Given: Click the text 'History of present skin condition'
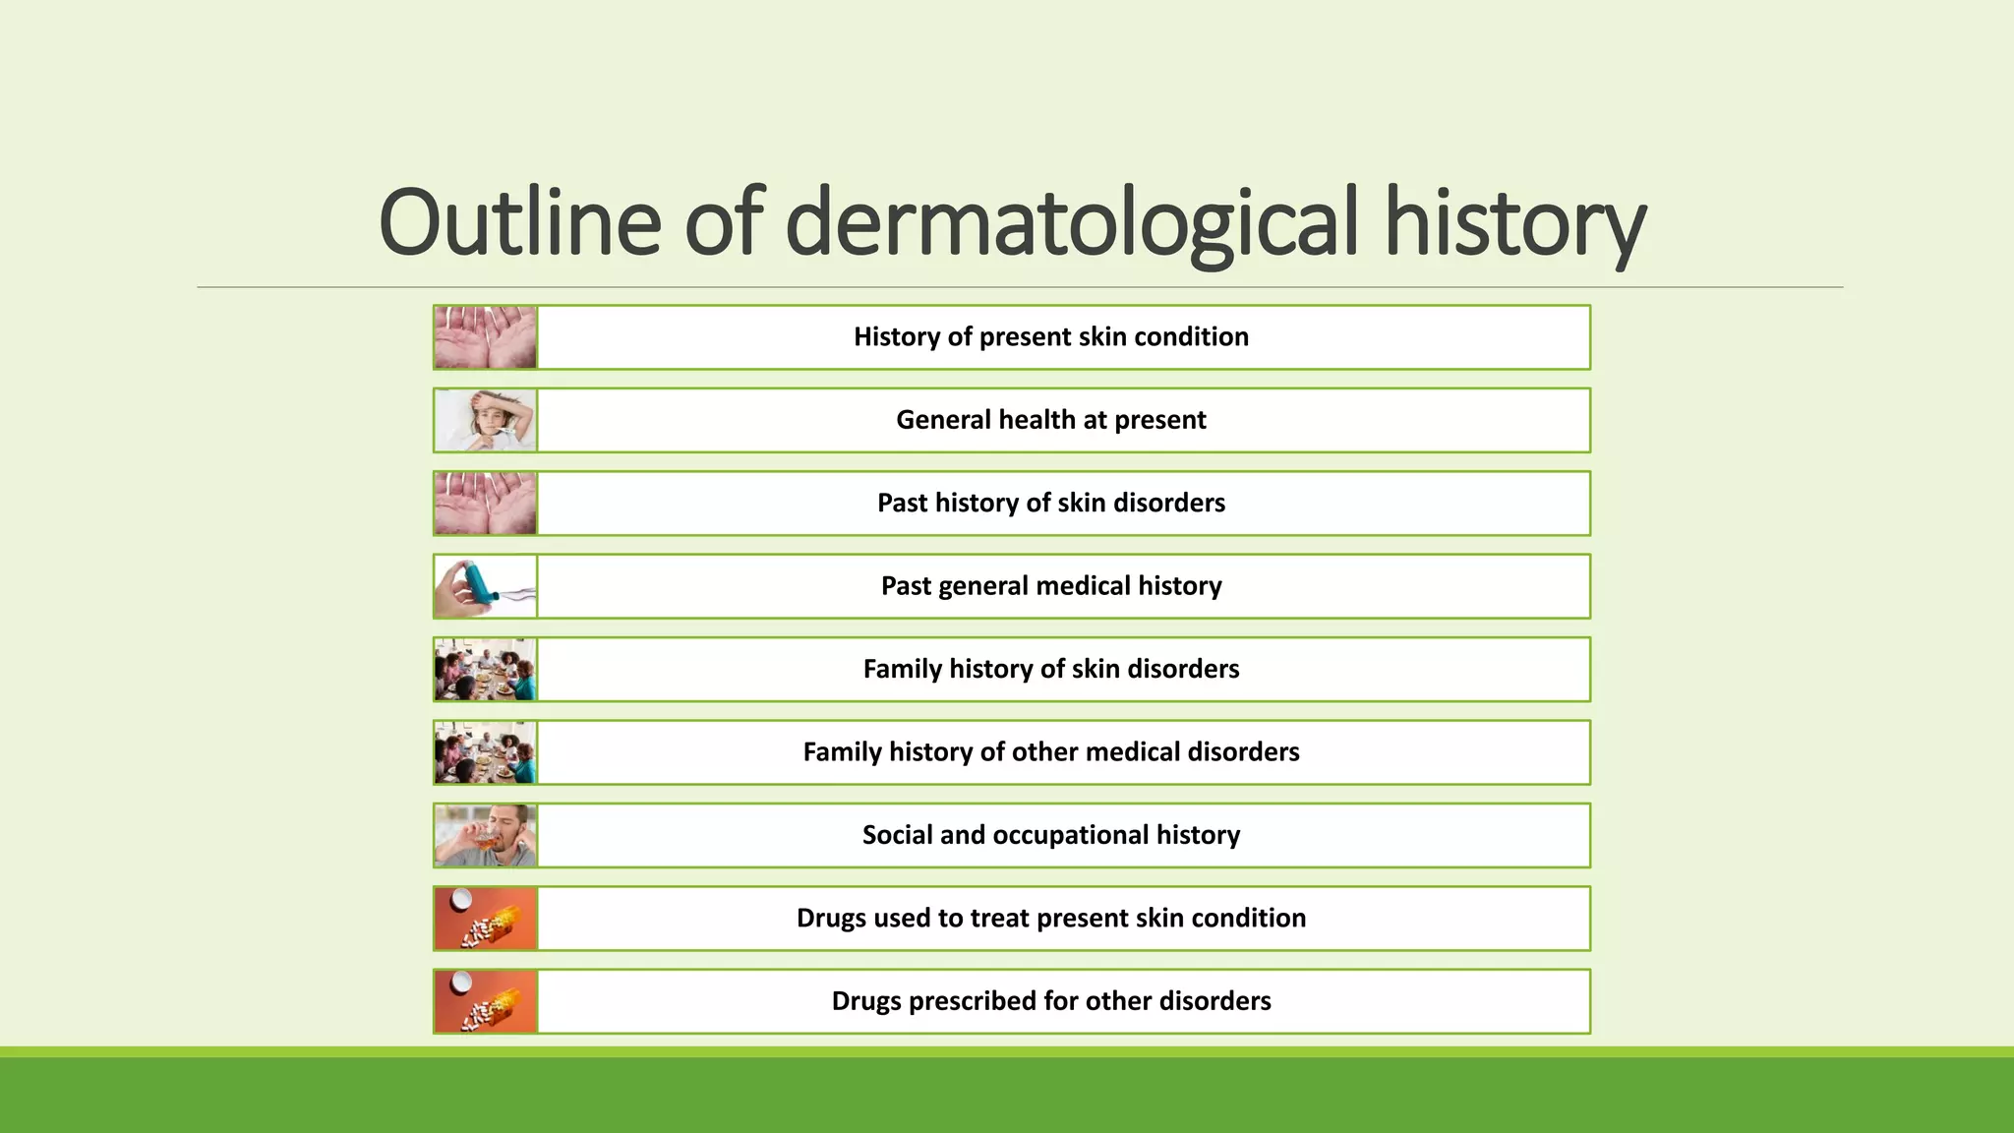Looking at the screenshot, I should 1050,337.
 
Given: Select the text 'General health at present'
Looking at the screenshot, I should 1050,420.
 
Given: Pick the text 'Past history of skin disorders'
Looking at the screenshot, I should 1050,504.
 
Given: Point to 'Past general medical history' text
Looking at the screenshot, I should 1050,586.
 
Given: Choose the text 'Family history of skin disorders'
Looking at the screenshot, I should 1050,670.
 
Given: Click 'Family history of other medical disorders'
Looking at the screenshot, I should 1050,752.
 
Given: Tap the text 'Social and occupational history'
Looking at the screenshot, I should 1050,835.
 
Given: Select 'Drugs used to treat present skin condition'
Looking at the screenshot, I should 1050,919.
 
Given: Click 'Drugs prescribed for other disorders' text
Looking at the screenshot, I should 1050,1001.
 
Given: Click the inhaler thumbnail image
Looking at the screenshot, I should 486,586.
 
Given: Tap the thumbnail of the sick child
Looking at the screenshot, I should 486,420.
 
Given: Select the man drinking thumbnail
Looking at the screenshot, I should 486,835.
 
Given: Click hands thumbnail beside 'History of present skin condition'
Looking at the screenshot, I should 486,337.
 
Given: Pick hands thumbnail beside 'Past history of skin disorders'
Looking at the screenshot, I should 486,504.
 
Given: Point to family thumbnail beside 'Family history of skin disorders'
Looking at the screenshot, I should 486,670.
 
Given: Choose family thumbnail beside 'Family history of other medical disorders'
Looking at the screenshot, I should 486,752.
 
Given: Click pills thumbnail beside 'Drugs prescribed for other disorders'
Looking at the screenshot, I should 486,1001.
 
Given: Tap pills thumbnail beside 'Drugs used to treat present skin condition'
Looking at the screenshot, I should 486,919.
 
